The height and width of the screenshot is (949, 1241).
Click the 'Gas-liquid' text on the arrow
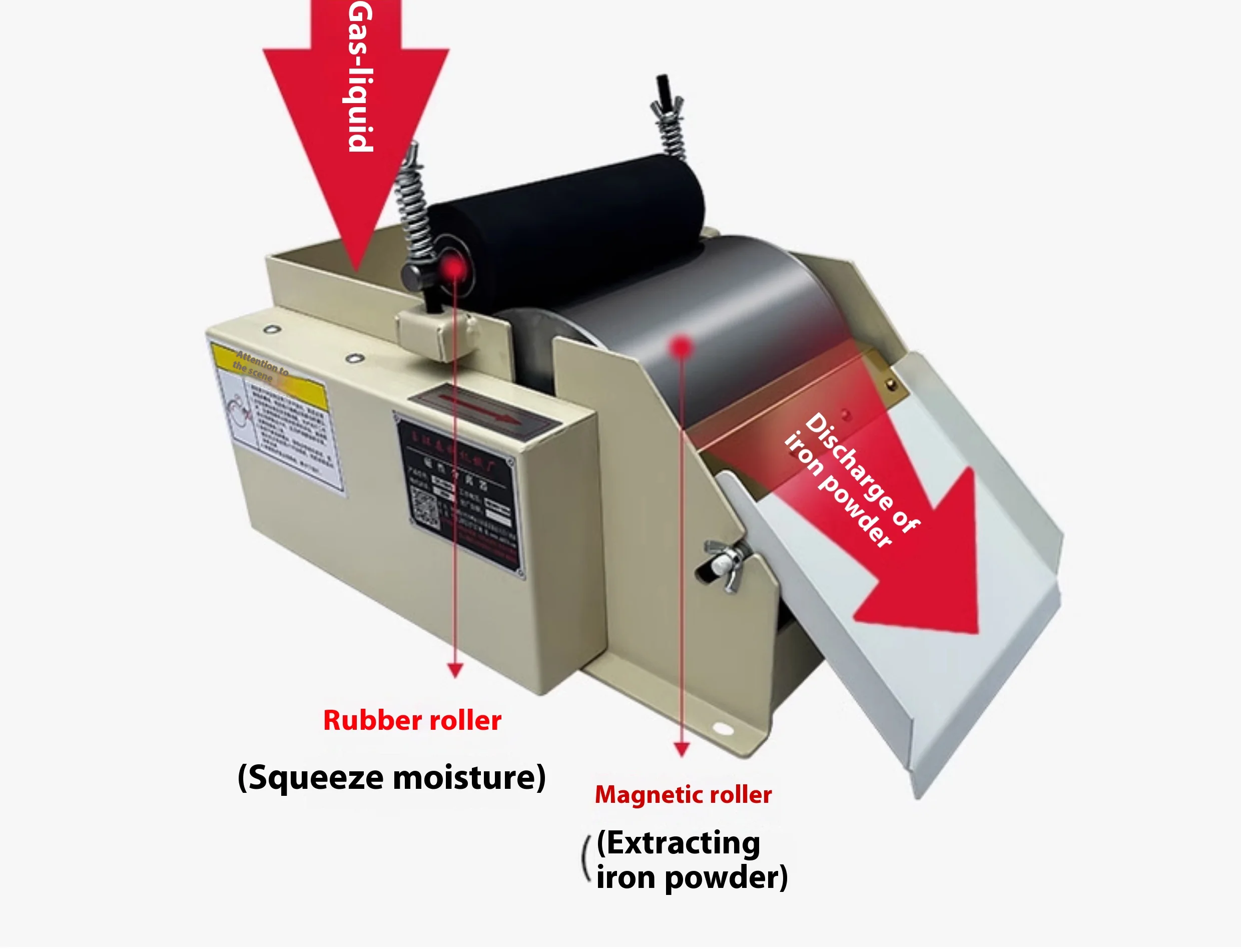(360, 76)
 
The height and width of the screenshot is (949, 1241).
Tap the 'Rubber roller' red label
(412, 721)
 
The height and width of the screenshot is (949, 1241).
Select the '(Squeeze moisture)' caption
(391, 777)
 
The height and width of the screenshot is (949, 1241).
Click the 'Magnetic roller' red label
(683, 795)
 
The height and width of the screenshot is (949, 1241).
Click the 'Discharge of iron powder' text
(851, 480)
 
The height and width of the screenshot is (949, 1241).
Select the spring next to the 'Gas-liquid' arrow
(412, 198)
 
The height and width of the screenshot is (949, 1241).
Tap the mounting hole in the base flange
(722, 729)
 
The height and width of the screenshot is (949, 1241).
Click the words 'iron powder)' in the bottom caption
(692, 878)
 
